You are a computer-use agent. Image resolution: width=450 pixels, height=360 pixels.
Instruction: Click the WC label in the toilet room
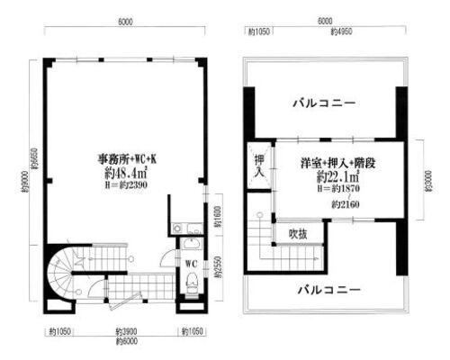click(x=191, y=263)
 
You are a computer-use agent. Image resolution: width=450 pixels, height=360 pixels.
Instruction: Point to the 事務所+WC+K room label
click(x=126, y=160)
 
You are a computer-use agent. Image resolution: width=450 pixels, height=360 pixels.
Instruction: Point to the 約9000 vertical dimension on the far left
click(x=25, y=192)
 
